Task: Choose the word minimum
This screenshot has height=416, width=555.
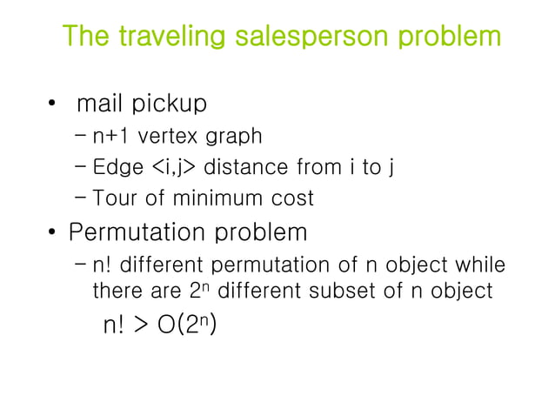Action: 206,198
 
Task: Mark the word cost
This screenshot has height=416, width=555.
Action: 288,198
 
